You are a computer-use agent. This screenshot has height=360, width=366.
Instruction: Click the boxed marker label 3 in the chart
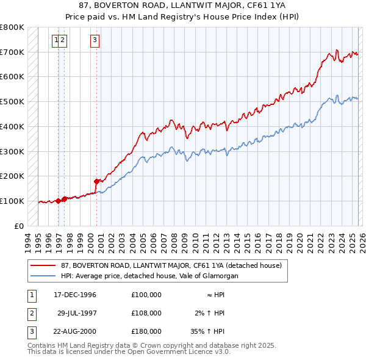pyautogui.click(x=95, y=41)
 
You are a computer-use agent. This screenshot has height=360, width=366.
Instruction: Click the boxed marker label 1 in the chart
pyautogui.click(x=56, y=41)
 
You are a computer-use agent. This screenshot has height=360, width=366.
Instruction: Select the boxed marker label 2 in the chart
pyautogui.click(x=63, y=41)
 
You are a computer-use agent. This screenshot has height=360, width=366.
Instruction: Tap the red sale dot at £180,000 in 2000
pyautogui.click(x=96, y=181)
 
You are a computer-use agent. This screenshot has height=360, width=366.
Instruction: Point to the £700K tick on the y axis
pyautogui.click(x=12, y=52)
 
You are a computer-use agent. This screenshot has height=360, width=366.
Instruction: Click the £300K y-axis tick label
pyautogui.click(x=12, y=151)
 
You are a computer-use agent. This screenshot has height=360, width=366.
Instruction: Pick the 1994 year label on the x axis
pyautogui.click(x=28, y=240)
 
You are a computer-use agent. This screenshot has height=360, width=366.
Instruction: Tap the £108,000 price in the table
pyautogui.click(x=146, y=313)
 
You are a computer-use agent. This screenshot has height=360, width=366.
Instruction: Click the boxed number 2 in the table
pyautogui.click(x=31, y=313)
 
